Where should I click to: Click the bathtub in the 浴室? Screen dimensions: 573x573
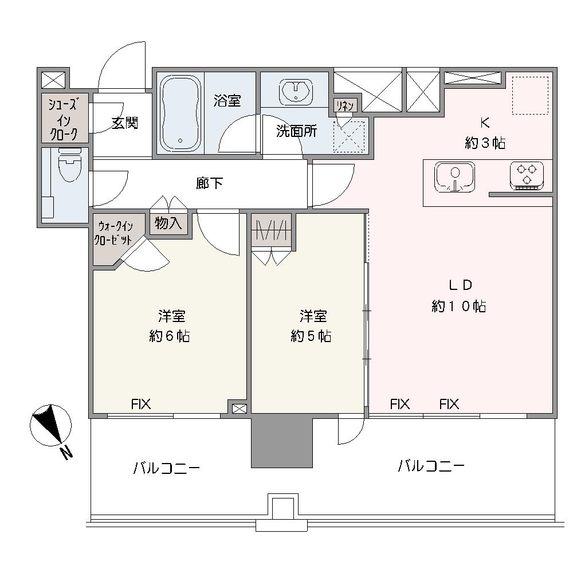180,113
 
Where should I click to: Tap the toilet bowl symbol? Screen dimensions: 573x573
70,165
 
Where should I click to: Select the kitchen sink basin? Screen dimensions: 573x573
454,177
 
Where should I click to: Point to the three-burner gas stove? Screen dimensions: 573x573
527,176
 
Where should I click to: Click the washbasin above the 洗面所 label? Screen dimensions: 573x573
296,91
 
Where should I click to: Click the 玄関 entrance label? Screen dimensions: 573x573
125,123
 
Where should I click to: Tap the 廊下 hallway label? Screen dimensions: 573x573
209,183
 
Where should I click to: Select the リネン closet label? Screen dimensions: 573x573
344,106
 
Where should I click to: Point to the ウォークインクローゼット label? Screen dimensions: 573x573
113,233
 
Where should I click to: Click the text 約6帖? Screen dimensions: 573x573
170,336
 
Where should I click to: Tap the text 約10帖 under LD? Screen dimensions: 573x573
458,306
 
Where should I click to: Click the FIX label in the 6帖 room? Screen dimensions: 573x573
141,404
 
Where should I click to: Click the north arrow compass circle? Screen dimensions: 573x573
50,425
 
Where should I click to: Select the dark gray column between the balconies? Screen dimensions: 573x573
282,441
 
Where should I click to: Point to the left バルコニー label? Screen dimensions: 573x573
167,468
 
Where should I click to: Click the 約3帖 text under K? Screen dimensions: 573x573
485,143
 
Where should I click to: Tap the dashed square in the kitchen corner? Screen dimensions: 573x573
530,95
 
